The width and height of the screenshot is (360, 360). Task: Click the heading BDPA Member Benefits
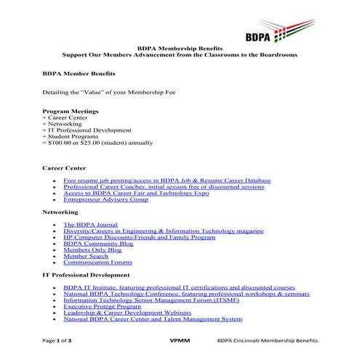click(79, 74)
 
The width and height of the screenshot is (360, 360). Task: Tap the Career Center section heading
click(65, 168)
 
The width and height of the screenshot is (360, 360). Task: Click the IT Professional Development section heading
click(87, 276)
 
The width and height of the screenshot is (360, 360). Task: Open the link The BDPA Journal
click(90, 225)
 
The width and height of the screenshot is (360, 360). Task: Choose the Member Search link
click(86, 256)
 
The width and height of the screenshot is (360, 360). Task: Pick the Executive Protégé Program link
click(101, 307)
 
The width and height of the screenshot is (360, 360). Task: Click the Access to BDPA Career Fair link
click(135, 193)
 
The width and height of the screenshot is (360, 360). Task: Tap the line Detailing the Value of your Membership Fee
click(108, 93)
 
